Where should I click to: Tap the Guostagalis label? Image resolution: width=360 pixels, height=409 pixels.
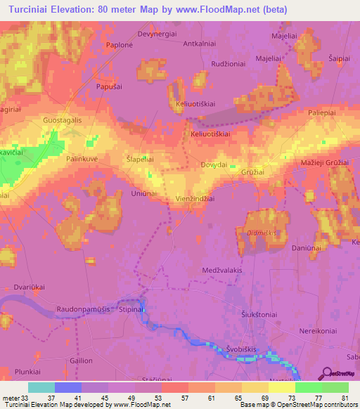[x=63, y=120]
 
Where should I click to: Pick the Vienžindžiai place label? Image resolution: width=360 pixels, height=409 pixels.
[x=195, y=199]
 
